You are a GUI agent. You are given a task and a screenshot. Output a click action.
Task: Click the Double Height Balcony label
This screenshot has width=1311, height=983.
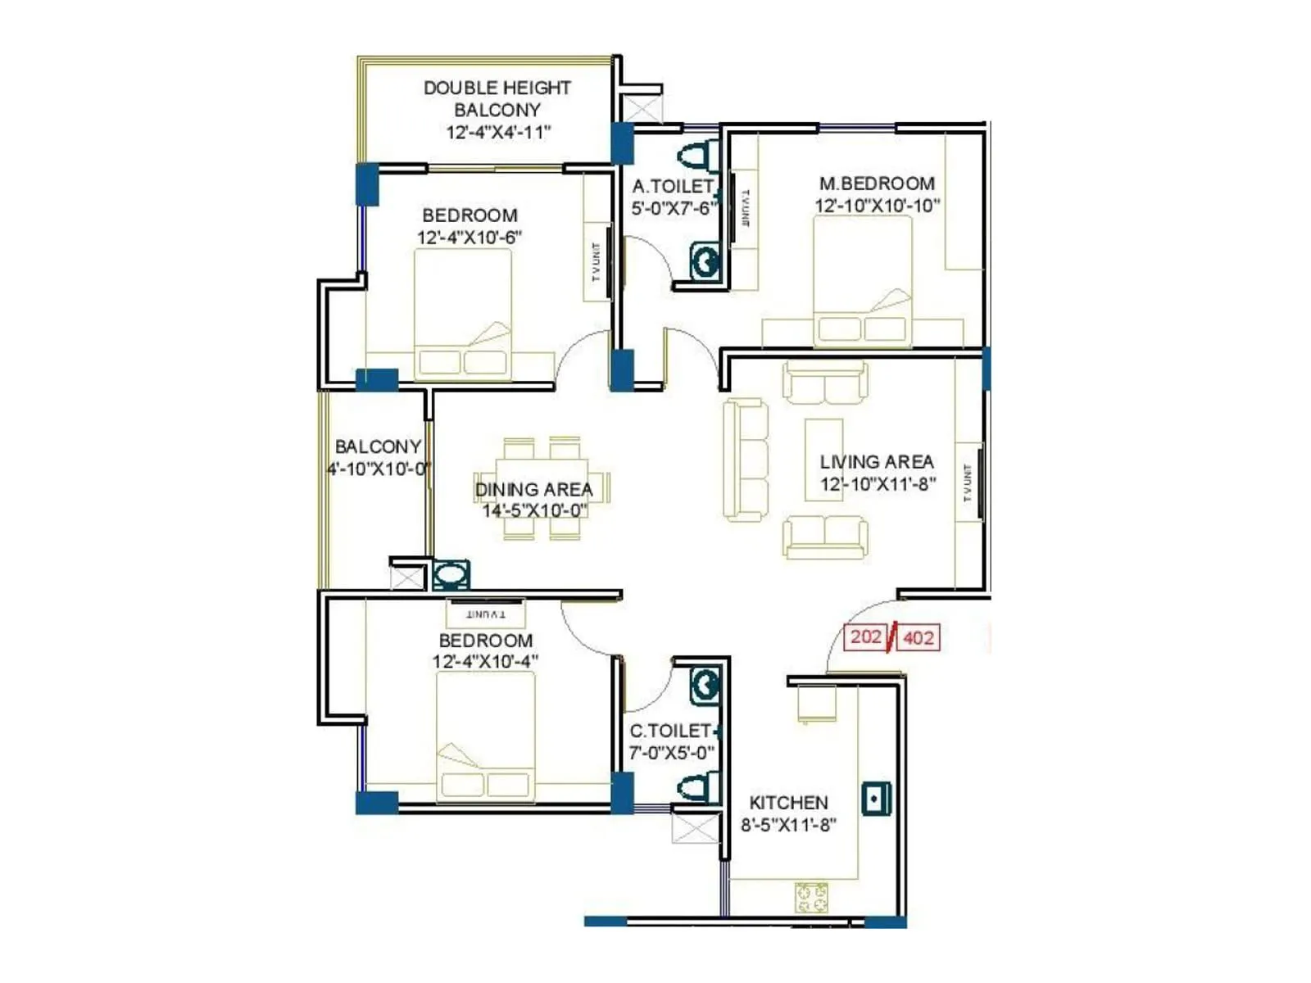[x=497, y=98]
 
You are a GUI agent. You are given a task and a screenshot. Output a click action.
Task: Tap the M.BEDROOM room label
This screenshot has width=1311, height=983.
[x=877, y=183]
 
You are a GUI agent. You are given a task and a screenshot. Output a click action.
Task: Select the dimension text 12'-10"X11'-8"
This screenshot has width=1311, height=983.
[x=878, y=484]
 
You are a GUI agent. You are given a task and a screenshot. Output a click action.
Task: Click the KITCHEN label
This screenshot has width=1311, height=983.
[x=788, y=803]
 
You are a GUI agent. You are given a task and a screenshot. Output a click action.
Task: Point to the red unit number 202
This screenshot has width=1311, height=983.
[x=865, y=636]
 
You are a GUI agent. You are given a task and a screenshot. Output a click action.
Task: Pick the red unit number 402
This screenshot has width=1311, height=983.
[x=918, y=637]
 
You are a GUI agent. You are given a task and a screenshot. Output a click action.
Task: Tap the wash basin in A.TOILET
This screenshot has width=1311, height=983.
[x=705, y=262]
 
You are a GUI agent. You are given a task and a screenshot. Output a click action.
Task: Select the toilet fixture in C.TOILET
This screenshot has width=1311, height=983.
[x=696, y=788]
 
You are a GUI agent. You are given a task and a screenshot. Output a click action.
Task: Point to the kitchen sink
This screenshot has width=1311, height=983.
[x=876, y=798]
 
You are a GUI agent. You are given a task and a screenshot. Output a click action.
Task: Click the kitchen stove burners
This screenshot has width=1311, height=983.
[x=811, y=897]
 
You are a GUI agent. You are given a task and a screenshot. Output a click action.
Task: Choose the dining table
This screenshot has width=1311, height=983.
[x=542, y=489]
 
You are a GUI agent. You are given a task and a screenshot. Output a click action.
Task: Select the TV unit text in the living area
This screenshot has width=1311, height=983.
[x=968, y=482]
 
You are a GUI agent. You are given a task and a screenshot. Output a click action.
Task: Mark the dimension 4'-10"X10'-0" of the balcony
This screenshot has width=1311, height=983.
[x=379, y=469]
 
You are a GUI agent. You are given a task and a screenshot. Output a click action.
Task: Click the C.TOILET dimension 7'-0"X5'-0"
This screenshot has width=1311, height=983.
[x=671, y=752]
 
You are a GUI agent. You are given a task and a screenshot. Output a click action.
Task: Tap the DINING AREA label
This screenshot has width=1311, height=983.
[x=533, y=489]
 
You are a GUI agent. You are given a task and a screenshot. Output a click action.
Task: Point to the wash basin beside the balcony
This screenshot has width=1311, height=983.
[x=450, y=575]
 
